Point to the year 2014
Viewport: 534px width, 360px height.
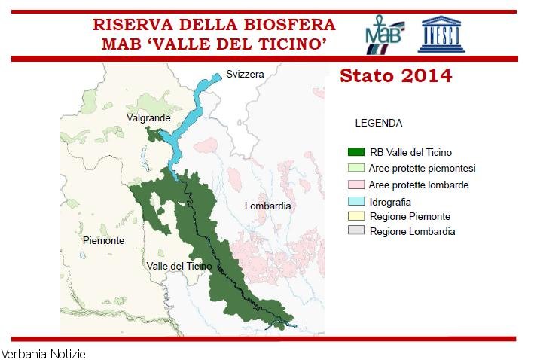[x=426, y=76]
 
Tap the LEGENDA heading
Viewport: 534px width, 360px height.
[x=378, y=123]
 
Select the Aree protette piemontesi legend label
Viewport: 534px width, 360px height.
[x=423, y=168]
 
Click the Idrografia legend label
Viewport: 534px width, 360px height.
[x=390, y=201]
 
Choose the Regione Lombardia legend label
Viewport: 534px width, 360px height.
[x=412, y=232]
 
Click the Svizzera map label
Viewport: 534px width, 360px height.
[x=246, y=75]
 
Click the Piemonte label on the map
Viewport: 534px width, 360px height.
[x=103, y=241]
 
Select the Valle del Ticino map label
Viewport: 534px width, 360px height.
[x=179, y=266]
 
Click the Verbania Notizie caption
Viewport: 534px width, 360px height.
[x=44, y=353]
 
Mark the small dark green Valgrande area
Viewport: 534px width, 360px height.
[x=155, y=135]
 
